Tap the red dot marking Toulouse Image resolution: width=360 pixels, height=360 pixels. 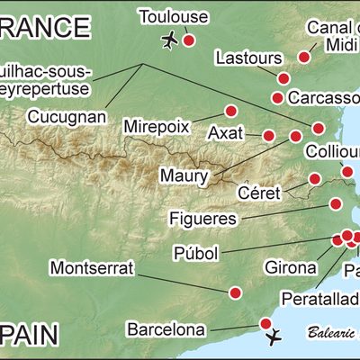[189, 40]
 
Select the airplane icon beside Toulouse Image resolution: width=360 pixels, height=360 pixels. [168, 40]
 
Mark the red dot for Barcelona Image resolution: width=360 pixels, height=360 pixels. [265, 322]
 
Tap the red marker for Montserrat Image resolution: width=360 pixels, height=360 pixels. [236, 292]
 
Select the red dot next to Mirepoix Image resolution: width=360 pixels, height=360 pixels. [230, 111]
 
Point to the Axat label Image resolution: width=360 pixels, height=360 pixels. [225, 133]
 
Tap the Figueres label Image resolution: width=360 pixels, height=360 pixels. [202, 218]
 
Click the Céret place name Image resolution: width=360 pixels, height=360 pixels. [260, 193]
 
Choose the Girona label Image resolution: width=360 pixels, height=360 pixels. [291, 267]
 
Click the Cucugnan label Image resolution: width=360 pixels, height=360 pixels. [67, 117]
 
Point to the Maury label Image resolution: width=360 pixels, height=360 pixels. [183, 174]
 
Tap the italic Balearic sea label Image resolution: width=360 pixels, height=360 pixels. [331, 331]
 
